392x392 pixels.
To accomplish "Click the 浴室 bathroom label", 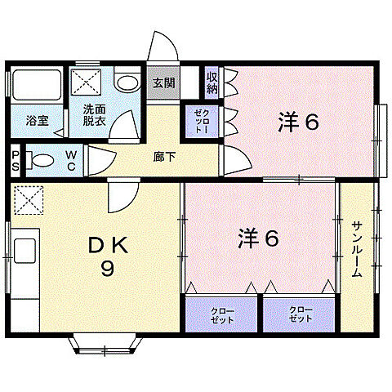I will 37,119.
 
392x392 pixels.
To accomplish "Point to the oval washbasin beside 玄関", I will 127,82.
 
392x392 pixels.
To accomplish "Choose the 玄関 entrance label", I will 163,82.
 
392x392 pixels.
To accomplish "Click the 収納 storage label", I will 212,82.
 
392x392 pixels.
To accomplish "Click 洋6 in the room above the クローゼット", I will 259,238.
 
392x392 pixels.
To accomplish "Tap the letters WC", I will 71,159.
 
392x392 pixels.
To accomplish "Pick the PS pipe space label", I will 16,159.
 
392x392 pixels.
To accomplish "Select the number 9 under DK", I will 105,269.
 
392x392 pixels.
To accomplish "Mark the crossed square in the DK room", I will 27,198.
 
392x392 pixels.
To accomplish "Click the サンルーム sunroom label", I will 357,249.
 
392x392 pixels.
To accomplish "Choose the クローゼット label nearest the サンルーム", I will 299,316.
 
